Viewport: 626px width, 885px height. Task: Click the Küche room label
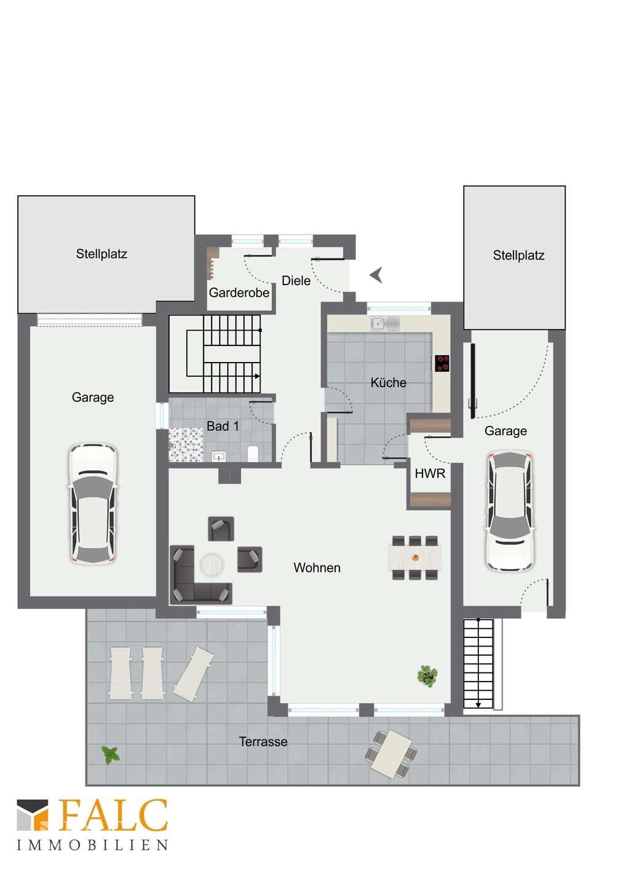(388, 382)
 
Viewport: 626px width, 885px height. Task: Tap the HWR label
(430, 473)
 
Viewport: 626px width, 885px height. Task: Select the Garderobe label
(239, 293)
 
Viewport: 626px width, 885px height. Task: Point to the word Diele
(296, 280)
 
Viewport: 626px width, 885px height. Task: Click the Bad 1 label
(223, 426)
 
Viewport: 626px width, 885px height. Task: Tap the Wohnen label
(317, 568)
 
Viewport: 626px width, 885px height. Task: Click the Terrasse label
(263, 742)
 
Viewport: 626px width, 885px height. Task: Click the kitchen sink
(385, 323)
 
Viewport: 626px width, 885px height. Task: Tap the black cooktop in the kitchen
(442, 363)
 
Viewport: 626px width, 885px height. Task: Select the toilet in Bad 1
(253, 454)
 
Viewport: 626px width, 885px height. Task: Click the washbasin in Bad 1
(218, 457)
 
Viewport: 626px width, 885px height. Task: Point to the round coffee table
(212, 565)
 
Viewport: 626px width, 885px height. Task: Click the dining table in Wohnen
(414, 557)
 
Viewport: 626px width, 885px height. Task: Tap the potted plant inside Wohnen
(427, 676)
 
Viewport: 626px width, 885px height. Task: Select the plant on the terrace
(111, 755)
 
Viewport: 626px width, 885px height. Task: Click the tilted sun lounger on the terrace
(194, 674)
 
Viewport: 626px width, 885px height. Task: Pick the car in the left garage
(93, 504)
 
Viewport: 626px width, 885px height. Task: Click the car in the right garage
(509, 511)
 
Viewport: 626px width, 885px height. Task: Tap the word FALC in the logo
(113, 816)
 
